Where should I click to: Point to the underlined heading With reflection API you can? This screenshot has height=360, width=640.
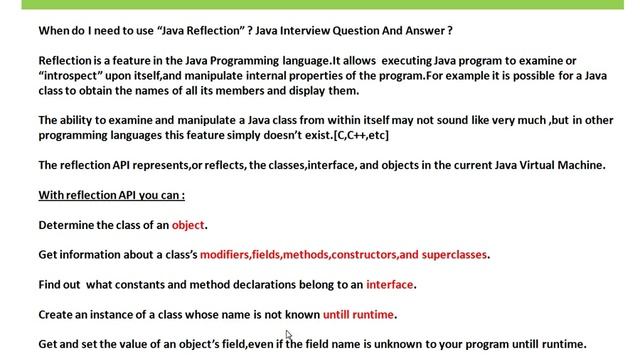(112, 195)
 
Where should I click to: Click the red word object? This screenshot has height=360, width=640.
(189, 225)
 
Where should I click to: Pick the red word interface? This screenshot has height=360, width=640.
(389, 284)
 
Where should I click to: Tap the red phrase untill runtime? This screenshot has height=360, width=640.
(359, 314)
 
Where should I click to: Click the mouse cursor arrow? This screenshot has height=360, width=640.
(289, 336)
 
